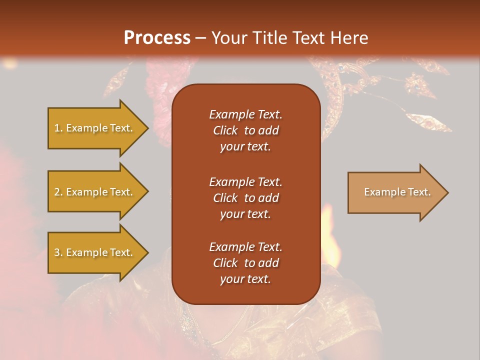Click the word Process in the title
(x=157, y=37)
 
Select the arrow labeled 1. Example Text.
(x=95, y=128)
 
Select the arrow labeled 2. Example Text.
(x=95, y=192)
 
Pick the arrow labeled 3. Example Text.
(x=95, y=252)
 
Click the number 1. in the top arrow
(x=58, y=128)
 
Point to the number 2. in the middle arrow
(x=58, y=192)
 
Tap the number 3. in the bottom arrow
(x=58, y=252)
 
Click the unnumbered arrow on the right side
(x=395, y=192)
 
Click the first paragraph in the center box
(x=245, y=130)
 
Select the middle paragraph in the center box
(x=245, y=198)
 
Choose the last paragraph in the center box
(x=245, y=263)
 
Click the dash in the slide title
(x=200, y=38)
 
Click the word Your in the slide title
(x=227, y=37)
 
